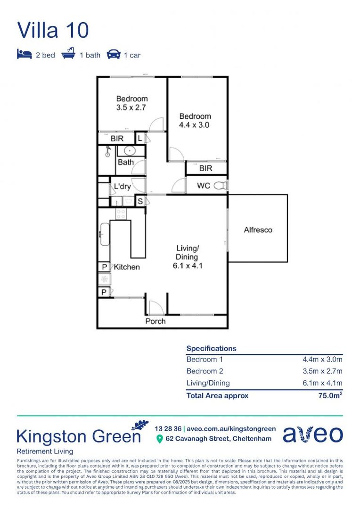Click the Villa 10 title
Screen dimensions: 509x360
[x=53, y=30]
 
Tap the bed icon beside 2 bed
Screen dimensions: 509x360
[x=24, y=55]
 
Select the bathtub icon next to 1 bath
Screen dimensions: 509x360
[x=68, y=55]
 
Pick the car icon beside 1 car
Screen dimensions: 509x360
[x=113, y=55]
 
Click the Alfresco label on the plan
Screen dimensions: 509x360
[x=258, y=230]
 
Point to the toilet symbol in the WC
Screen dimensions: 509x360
[x=220, y=186]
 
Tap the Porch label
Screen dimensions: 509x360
[x=155, y=321]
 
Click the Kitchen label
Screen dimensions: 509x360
[x=127, y=267]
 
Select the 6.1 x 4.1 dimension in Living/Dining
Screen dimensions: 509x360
[x=188, y=265]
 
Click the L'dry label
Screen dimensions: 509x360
[x=123, y=187]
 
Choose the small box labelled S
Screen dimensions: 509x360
[x=140, y=201]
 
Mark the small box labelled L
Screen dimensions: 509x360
[x=140, y=139]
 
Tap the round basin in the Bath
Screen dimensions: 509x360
[x=126, y=151]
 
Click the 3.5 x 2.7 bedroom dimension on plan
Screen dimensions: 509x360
[x=132, y=107]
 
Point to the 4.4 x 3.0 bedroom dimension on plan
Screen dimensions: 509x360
[x=195, y=125]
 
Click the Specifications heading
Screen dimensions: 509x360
[x=211, y=348]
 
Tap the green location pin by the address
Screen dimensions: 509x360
[x=159, y=439]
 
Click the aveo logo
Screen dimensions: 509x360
[x=312, y=434]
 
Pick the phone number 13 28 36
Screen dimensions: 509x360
[x=168, y=428]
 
